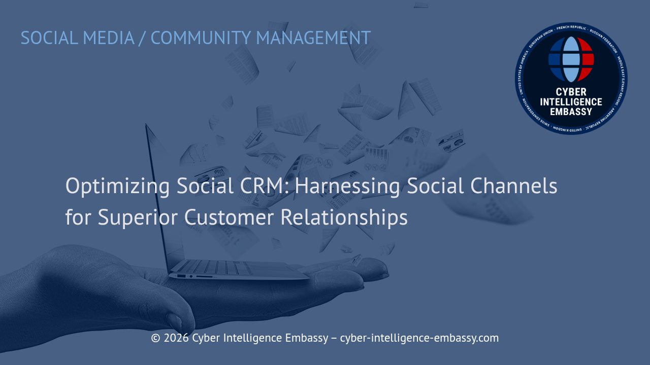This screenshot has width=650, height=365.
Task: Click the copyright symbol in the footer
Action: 155,338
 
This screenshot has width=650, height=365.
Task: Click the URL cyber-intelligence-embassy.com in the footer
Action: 419,338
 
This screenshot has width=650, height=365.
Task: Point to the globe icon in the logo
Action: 571,59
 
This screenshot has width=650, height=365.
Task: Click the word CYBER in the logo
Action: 571,92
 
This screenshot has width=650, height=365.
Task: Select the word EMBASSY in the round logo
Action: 571,111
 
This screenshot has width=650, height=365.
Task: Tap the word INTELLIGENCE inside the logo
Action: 571,102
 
